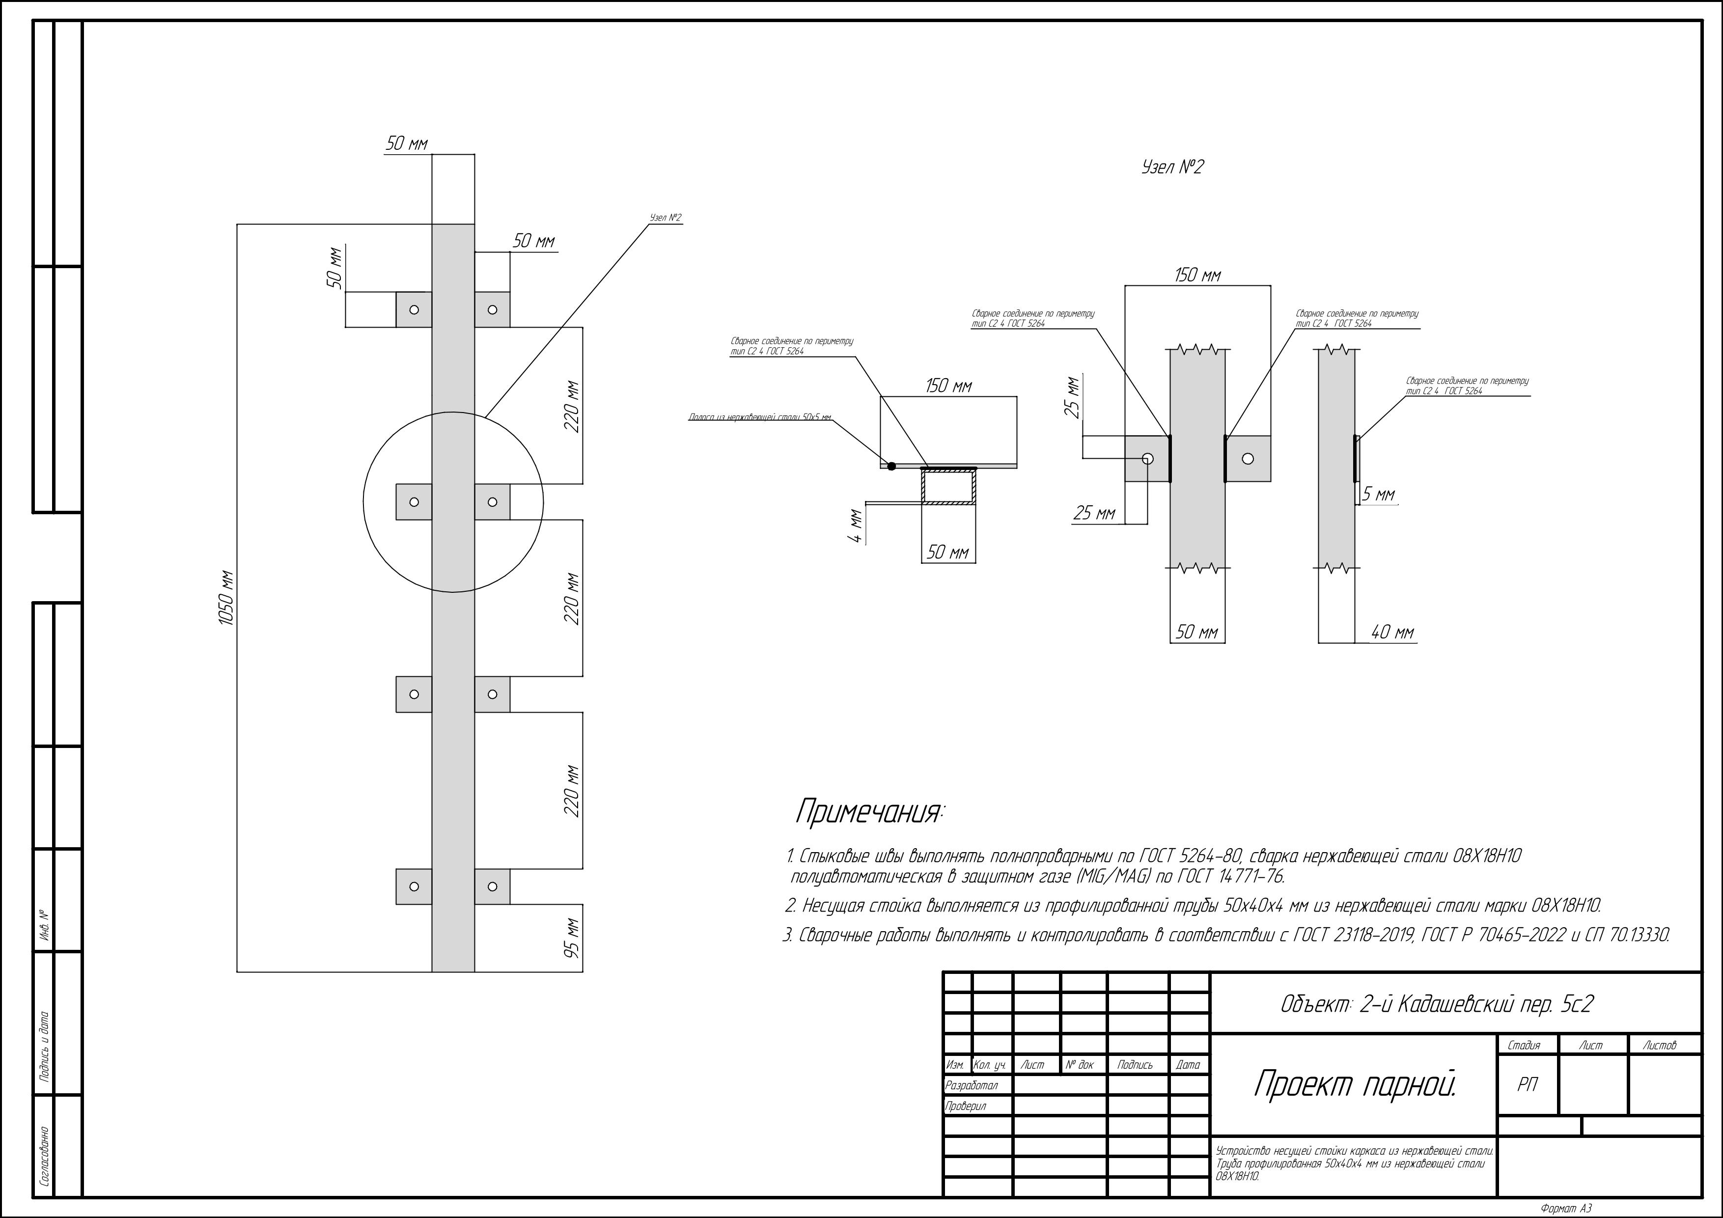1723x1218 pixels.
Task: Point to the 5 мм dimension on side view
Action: coord(1379,495)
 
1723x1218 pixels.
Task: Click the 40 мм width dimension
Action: coord(1392,633)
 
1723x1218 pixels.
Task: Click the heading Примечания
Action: coord(870,812)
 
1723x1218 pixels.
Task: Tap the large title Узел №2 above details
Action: coord(1171,166)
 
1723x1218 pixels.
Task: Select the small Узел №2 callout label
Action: coord(665,218)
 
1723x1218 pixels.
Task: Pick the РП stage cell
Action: coord(1527,1085)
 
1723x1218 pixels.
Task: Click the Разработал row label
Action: coord(972,1085)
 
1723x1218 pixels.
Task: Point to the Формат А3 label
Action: coord(1565,1208)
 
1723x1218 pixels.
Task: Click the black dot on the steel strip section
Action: coord(891,466)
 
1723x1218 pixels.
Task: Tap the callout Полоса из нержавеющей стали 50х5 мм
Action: coord(759,417)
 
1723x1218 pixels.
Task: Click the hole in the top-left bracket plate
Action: coord(414,309)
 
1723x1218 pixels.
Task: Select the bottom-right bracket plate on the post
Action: coord(492,886)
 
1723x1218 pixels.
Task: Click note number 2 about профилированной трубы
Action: coord(1193,906)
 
